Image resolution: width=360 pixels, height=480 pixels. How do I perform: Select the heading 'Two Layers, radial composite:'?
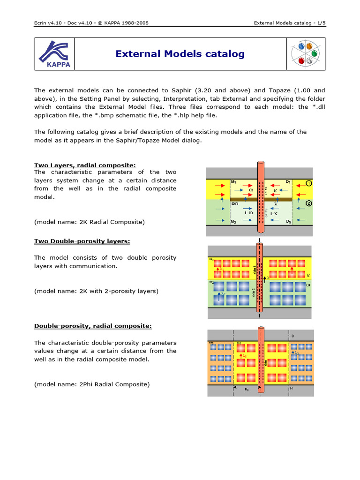click(x=85, y=165)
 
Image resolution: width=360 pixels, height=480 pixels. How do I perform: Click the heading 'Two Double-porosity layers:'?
click(x=82, y=241)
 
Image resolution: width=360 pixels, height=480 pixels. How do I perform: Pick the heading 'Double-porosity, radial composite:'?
click(x=93, y=326)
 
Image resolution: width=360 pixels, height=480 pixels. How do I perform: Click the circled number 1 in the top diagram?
click(x=309, y=183)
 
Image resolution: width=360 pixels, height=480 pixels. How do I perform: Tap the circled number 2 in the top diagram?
click(x=309, y=204)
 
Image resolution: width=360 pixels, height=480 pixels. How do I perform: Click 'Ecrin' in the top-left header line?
click(x=42, y=22)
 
